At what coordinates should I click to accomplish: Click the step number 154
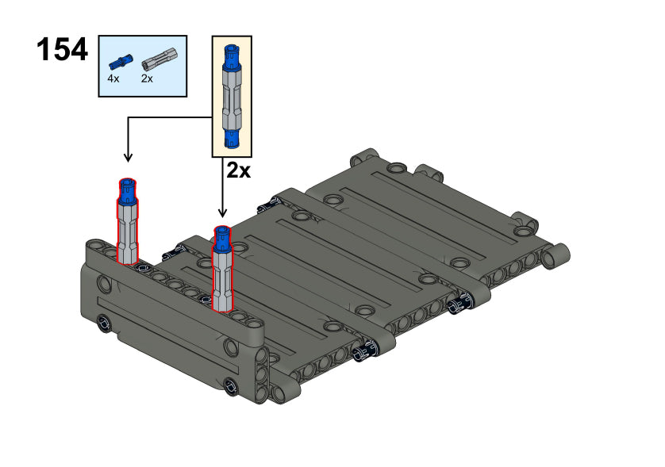tap(63, 50)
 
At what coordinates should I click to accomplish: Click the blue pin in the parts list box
tap(121, 62)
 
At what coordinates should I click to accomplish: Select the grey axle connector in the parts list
tap(159, 59)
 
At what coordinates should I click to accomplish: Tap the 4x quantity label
tap(113, 78)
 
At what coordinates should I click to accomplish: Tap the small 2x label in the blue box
tap(147, 78)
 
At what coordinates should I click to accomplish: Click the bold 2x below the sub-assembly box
tap(238, 170)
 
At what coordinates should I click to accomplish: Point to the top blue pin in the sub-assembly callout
tap(232, 56)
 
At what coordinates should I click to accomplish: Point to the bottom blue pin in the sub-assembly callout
tap(232, 139)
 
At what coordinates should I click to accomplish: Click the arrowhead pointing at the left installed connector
tap(128, 158)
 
